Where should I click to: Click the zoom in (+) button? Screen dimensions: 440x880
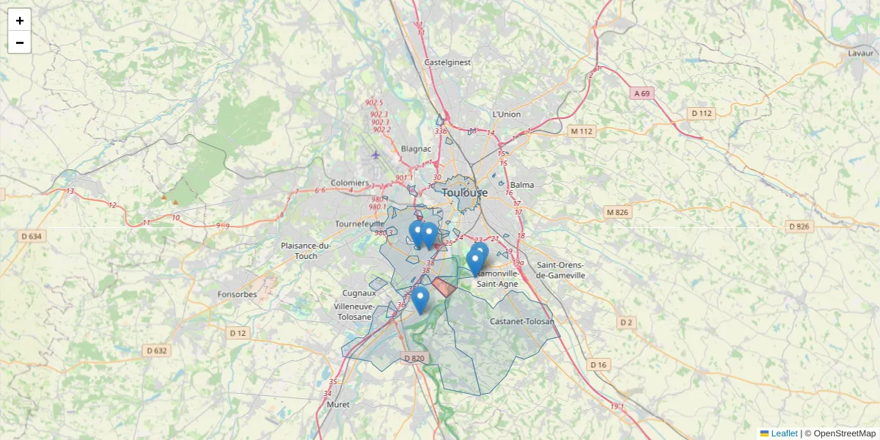tap(20, 21)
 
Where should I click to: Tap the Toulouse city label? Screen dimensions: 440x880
tap(464, 193)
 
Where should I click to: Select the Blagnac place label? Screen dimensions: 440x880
tap(417, 148)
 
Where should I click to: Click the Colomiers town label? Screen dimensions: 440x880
tap(351, 183)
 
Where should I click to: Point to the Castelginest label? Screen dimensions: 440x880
tap(447, 63)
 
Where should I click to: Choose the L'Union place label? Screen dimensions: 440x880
tap(506, 114)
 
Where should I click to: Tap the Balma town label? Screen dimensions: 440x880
tap(522, 185)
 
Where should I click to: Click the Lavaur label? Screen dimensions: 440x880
tap(860, 53)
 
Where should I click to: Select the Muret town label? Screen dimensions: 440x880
tap(337, 404)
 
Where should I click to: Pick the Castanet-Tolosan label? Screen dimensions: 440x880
tap(521, 321)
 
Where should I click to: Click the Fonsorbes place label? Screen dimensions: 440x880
tap(237, 294)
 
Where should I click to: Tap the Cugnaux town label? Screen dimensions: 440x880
tap(359, 293)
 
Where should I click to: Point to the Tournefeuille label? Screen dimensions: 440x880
tap(359, 223)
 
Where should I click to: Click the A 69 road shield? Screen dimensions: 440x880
tap(642, 93)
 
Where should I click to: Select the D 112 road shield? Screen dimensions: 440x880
tap(701, 113)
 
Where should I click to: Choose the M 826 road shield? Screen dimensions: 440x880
tap(617, 213)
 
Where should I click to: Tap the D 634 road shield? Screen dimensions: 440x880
tap(32, 236)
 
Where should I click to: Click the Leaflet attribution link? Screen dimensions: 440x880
tap(783, 433)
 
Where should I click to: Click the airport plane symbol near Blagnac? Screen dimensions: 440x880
tap(375, 154)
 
